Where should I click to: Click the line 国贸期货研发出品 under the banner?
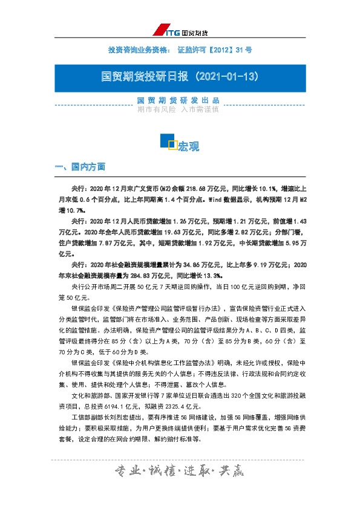tap(179, 100)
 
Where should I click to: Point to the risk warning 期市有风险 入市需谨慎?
tap(179, 110)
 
